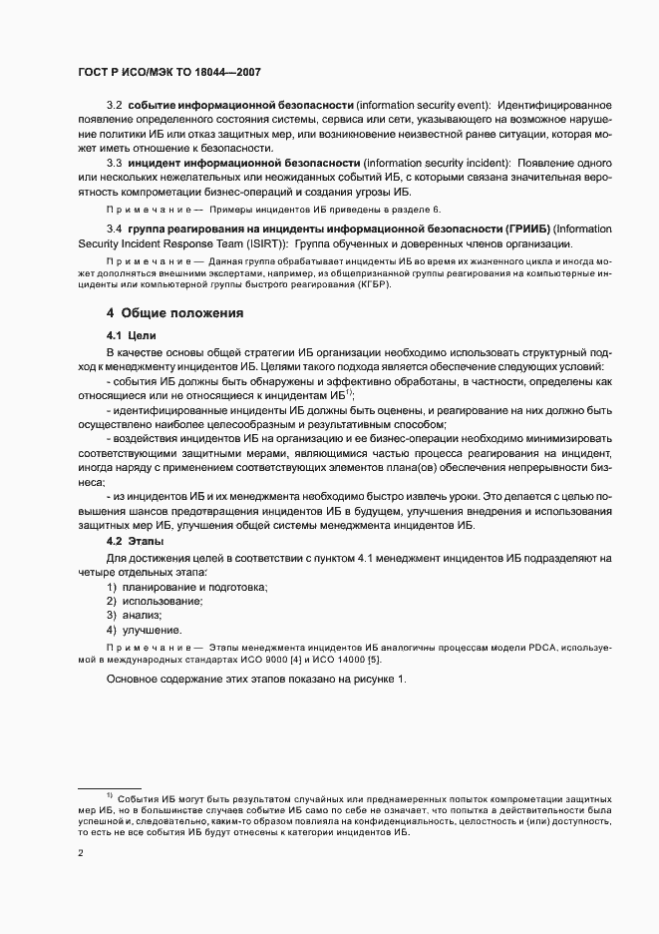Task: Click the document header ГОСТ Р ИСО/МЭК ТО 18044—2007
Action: [169, 73]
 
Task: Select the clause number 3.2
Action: [114, 105]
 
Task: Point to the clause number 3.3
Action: [114, 162]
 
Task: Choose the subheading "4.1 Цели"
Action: [132, 336]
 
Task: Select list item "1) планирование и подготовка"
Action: [187, 588]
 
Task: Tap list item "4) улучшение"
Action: [145, 630]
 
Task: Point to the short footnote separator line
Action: [110, 787]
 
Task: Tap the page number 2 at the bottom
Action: [81, 853]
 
